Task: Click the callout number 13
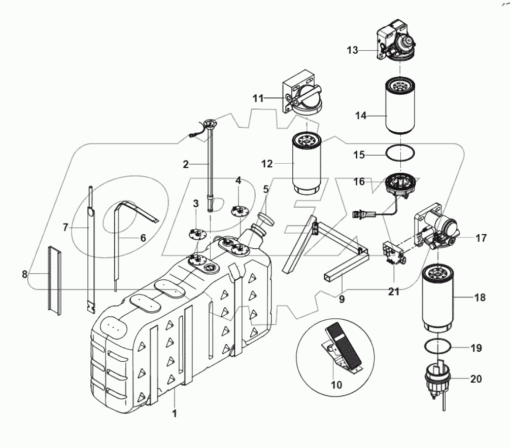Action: coord(353,50)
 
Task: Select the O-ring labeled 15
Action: coord(400,152)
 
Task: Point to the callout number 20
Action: coord(476,379)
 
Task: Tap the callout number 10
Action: coord(336,385)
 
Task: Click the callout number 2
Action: coord(186,164)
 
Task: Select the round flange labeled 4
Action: coord(239,209)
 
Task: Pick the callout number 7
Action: coord(65,228)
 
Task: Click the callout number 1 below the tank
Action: coord(174,414)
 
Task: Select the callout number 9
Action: coord(342,299)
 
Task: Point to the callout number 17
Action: coord(481,237)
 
